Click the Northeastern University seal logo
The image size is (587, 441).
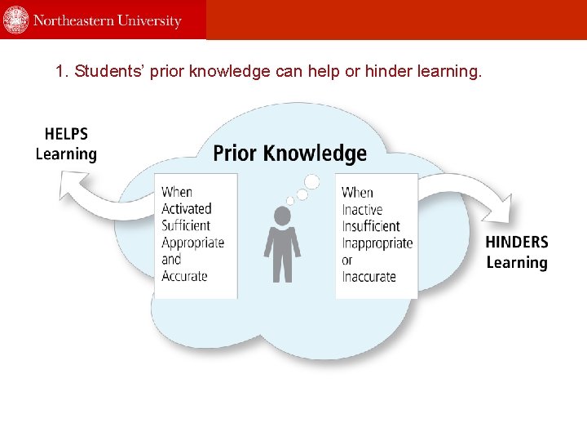click(x=15, y=20)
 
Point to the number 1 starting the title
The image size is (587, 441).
click(x=60, y=72)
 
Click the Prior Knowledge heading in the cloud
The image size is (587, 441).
click(x=289, y=154)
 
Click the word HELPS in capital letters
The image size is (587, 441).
click(x=66, y=134)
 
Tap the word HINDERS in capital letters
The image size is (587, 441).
click(x=517, y=243)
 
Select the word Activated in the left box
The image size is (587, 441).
click(x=187, y=209)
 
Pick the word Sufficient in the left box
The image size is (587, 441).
click(x=186, y=225)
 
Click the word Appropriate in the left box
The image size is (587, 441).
click(x=192, y=243)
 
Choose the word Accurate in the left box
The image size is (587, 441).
click(x=184, y=276)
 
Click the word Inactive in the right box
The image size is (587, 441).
click(x=362, y=209)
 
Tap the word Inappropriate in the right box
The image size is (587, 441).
click(x=377, y=243)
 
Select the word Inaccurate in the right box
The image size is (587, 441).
click(x=369, y=276)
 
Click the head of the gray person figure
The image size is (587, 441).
click(x=282, y=216)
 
